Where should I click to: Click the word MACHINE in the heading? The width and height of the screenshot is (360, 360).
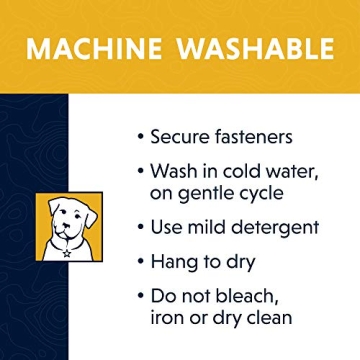pyautogui.click(x=93, y=48)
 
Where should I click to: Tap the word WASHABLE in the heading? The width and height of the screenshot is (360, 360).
pyautogui.click(x=255, y=48)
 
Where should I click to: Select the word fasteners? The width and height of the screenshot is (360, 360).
pyautogui.click(x=255, y=136)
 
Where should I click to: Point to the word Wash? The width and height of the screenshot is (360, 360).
pyautogui.click(x=173, y=171)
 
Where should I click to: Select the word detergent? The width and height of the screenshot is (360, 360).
pyautogui.click(x=275, y=228)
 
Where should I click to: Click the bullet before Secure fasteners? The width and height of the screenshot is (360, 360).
pyautogui.click(x=141, y=137)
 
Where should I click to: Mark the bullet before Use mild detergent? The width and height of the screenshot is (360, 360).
pyautogui.click(x=141, y=228)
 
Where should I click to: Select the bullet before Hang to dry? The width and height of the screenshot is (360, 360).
pyautogui.click(x=141, y=263)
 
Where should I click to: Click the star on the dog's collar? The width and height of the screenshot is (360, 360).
pyautogui.click(x=67, y=254)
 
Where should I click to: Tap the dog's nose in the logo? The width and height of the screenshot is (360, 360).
pyautogui.click(x=68, y=225)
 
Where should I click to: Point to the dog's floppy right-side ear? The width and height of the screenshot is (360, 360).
pyautogui.click(x=90, y=216)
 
